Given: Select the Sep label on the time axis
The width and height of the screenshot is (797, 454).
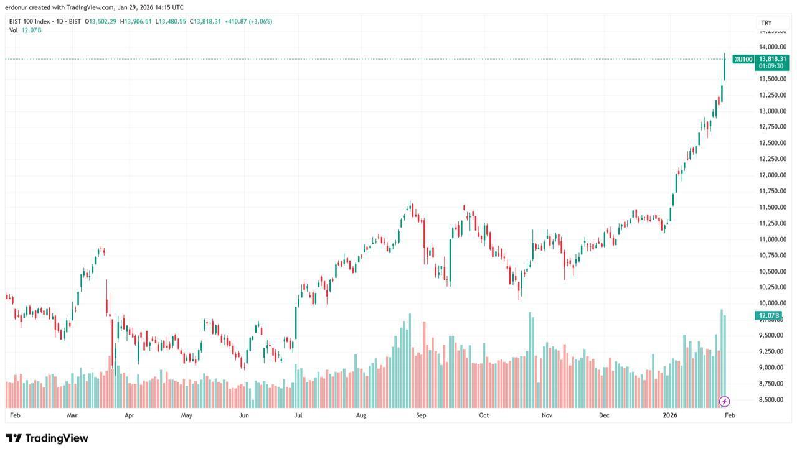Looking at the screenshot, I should point(421,415).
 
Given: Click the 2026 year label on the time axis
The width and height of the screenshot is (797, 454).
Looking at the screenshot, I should point(670,415).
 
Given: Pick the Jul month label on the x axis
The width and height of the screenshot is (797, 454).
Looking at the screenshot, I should point(298,415).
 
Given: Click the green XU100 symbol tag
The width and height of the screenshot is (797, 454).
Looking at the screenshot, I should point(743,59).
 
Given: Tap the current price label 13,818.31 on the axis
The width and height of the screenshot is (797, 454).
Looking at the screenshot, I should point(773,58).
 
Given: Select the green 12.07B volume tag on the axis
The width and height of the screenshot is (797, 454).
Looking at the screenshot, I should point(768,316).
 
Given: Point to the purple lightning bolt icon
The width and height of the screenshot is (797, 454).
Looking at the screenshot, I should point(724,402).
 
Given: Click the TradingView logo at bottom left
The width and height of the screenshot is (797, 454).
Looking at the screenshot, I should point(47,438).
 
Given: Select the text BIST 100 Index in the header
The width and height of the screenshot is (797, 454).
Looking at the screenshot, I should point(31,21).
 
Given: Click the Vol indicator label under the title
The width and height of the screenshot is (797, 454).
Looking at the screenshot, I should point(13,30).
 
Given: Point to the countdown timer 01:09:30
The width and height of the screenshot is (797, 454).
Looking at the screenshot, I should point(771,66).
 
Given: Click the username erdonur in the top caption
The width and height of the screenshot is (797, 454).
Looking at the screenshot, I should point(18,7).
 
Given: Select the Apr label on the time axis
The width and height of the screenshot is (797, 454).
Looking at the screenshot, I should point(130,415).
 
